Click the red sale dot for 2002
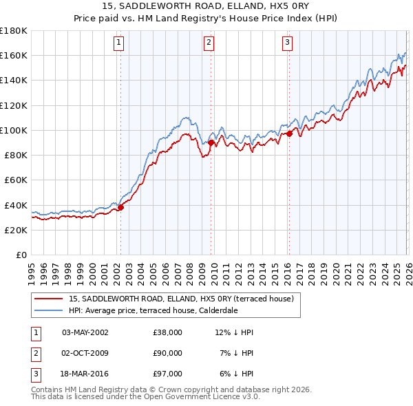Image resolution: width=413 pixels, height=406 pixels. click(x=120, y=206)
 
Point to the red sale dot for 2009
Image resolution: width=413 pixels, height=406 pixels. click(x=211, y=142)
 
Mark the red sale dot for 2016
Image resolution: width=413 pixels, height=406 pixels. click(x=290, y=133)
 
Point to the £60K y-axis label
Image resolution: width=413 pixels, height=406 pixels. click(x=16, y=180)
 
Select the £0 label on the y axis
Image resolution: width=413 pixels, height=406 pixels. click(x=22, y=255)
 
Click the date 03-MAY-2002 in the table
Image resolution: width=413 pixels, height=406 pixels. click(x=85, y=332)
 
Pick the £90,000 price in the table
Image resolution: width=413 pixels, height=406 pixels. click(x=168, y=353)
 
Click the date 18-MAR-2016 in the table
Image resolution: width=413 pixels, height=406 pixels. click(x=85, y=374)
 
